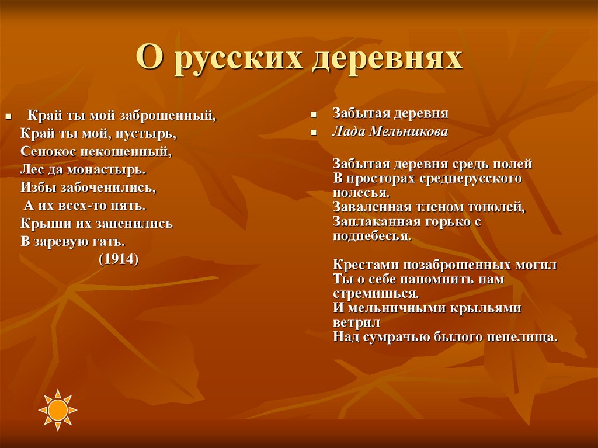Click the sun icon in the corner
click(58, 409)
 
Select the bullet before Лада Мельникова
click(314, 133)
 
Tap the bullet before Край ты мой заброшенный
click(8, 116)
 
